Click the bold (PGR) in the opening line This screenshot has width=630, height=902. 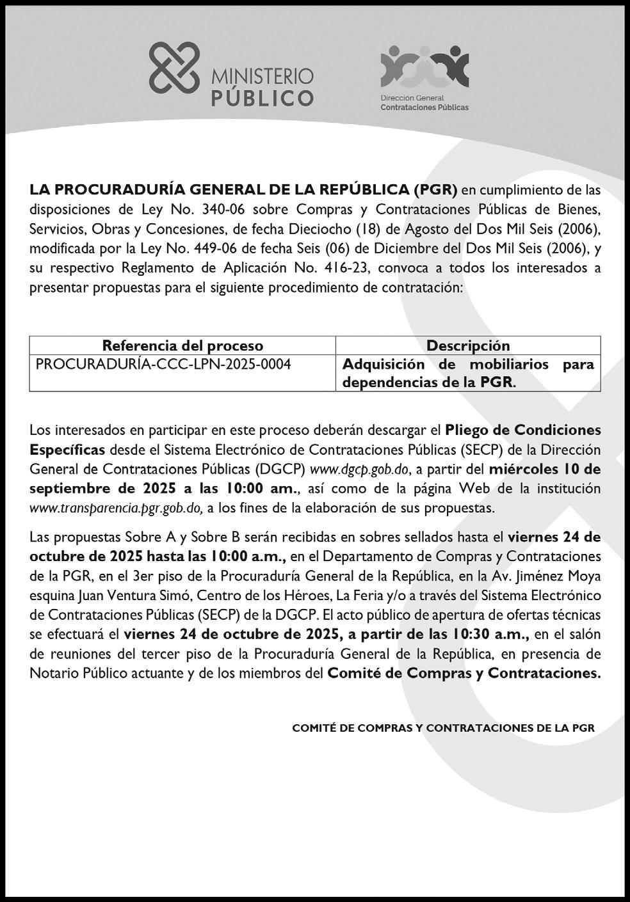point(435,190)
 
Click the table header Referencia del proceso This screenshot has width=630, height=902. point(182,346)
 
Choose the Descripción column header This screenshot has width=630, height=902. point(468,346)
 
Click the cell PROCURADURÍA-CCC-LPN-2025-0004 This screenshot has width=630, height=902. point(163,365)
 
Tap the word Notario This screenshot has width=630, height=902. point(51,673)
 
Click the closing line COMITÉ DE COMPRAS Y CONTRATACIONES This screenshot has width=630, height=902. point(443,728)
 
